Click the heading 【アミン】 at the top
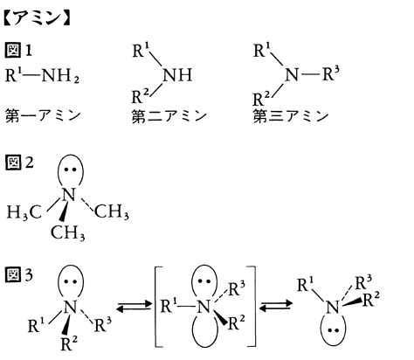(x=37, y=19)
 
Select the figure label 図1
(x=18, y=50)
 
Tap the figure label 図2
(x=19, y=163)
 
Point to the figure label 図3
(x=19, y=274)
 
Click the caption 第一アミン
(x=43, y=115)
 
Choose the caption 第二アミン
(x=169, y=116)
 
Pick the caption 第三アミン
(x=291, y=115)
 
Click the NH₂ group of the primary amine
(x=60, y=76)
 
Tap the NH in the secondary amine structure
(x=177, y=74)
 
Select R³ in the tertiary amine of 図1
(x=331, y=73)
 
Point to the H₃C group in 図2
(x=24, y=211)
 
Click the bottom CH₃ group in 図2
(x=67, y=232)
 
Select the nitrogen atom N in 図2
(x=69, y=195)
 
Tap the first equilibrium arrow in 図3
(x=134, y=308)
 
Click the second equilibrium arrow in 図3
(x=276, y=306)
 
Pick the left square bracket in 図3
(x=155, y=307)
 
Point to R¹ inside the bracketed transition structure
(x=169, y=306)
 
